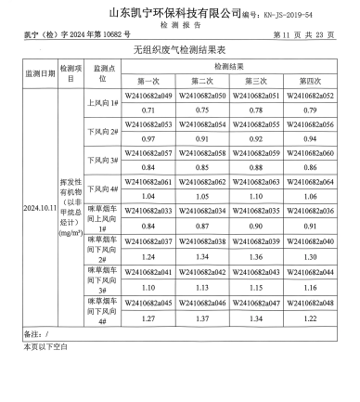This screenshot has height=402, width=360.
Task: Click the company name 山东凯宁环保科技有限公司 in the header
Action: point(168,12)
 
